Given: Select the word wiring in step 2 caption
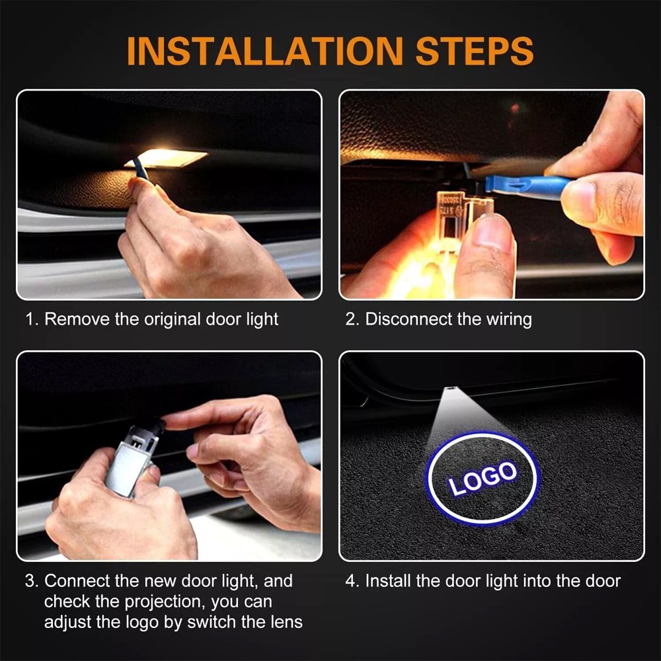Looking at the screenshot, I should click(509, 320).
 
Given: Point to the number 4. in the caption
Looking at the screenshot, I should click(352, 582).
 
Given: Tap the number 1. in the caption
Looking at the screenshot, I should click(31, 320).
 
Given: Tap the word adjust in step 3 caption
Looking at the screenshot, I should click(68, 622).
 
